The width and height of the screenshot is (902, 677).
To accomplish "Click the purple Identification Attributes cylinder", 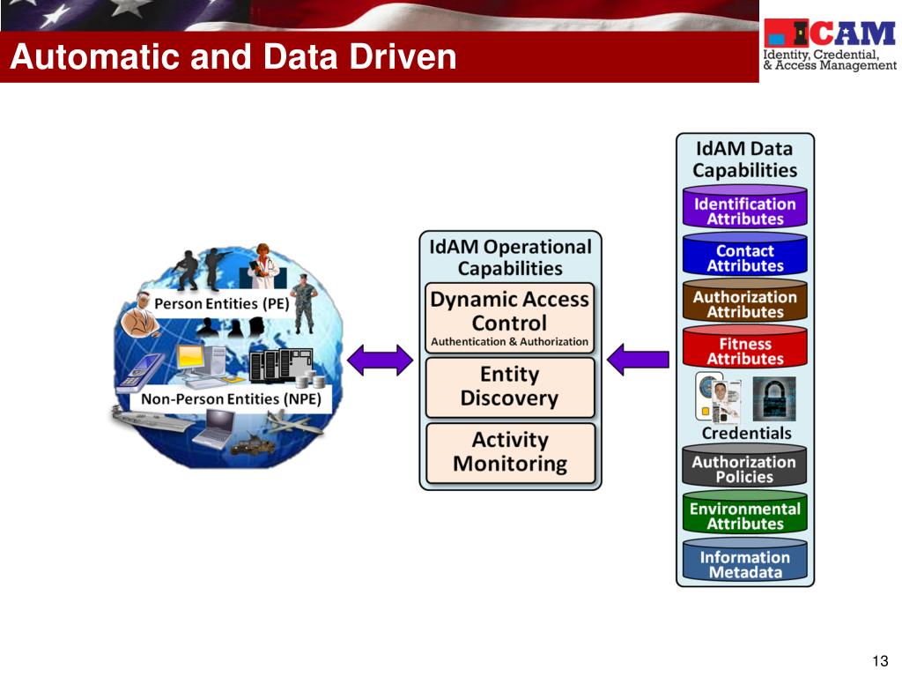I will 745,210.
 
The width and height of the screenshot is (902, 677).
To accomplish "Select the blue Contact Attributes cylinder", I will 745,257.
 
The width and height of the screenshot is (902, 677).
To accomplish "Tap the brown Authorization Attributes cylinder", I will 745,304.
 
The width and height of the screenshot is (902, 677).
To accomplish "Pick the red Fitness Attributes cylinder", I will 745,351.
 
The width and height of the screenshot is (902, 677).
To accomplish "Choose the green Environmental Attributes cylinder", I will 745,516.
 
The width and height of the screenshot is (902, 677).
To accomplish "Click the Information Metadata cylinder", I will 745,563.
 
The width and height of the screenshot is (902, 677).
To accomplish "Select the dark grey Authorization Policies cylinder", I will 745,469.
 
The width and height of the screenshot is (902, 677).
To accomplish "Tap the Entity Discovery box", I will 509,386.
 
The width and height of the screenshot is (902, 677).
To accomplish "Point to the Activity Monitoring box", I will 509,452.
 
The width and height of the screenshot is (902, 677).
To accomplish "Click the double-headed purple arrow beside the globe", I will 380,359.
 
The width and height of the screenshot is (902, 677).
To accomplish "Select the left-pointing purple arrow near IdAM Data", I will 638,359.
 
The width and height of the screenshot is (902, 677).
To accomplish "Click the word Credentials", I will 746,434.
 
